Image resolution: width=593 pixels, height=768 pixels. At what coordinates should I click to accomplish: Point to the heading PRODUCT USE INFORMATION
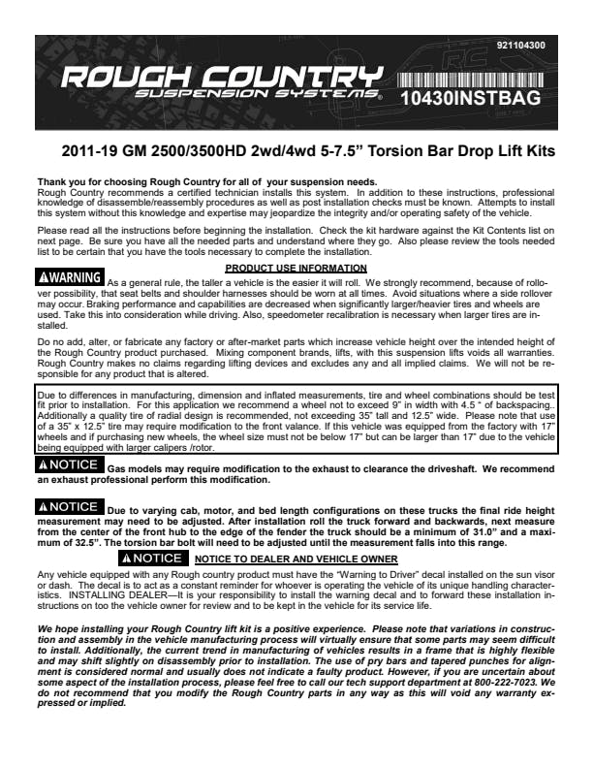point(296,268)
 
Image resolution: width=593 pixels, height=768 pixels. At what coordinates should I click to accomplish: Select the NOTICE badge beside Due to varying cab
point(67,506)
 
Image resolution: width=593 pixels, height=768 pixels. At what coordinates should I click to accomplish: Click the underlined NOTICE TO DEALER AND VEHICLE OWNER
point(296,560)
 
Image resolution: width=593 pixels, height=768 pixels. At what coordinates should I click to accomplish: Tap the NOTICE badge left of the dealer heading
point(151,560)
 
